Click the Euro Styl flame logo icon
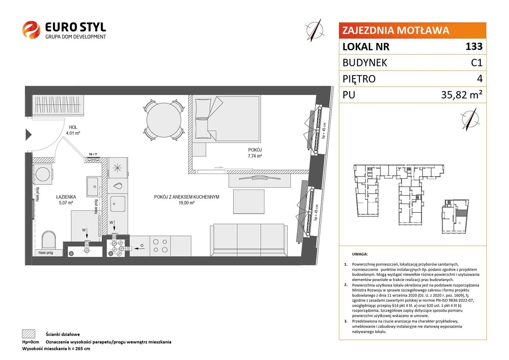31,30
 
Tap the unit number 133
474,46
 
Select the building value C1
477,63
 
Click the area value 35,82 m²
462,95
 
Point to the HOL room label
73,127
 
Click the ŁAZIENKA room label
66,197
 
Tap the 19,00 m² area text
186,203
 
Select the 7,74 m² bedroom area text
255,156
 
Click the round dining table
164,120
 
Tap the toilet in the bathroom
49,240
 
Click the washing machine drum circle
42,174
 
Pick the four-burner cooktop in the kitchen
160,246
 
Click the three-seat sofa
249,240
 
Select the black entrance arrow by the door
28,135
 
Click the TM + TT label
93,154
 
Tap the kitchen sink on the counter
118,204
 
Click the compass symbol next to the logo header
315,30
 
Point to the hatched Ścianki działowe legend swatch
29,334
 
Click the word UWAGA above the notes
360,254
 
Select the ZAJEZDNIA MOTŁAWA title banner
412,30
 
